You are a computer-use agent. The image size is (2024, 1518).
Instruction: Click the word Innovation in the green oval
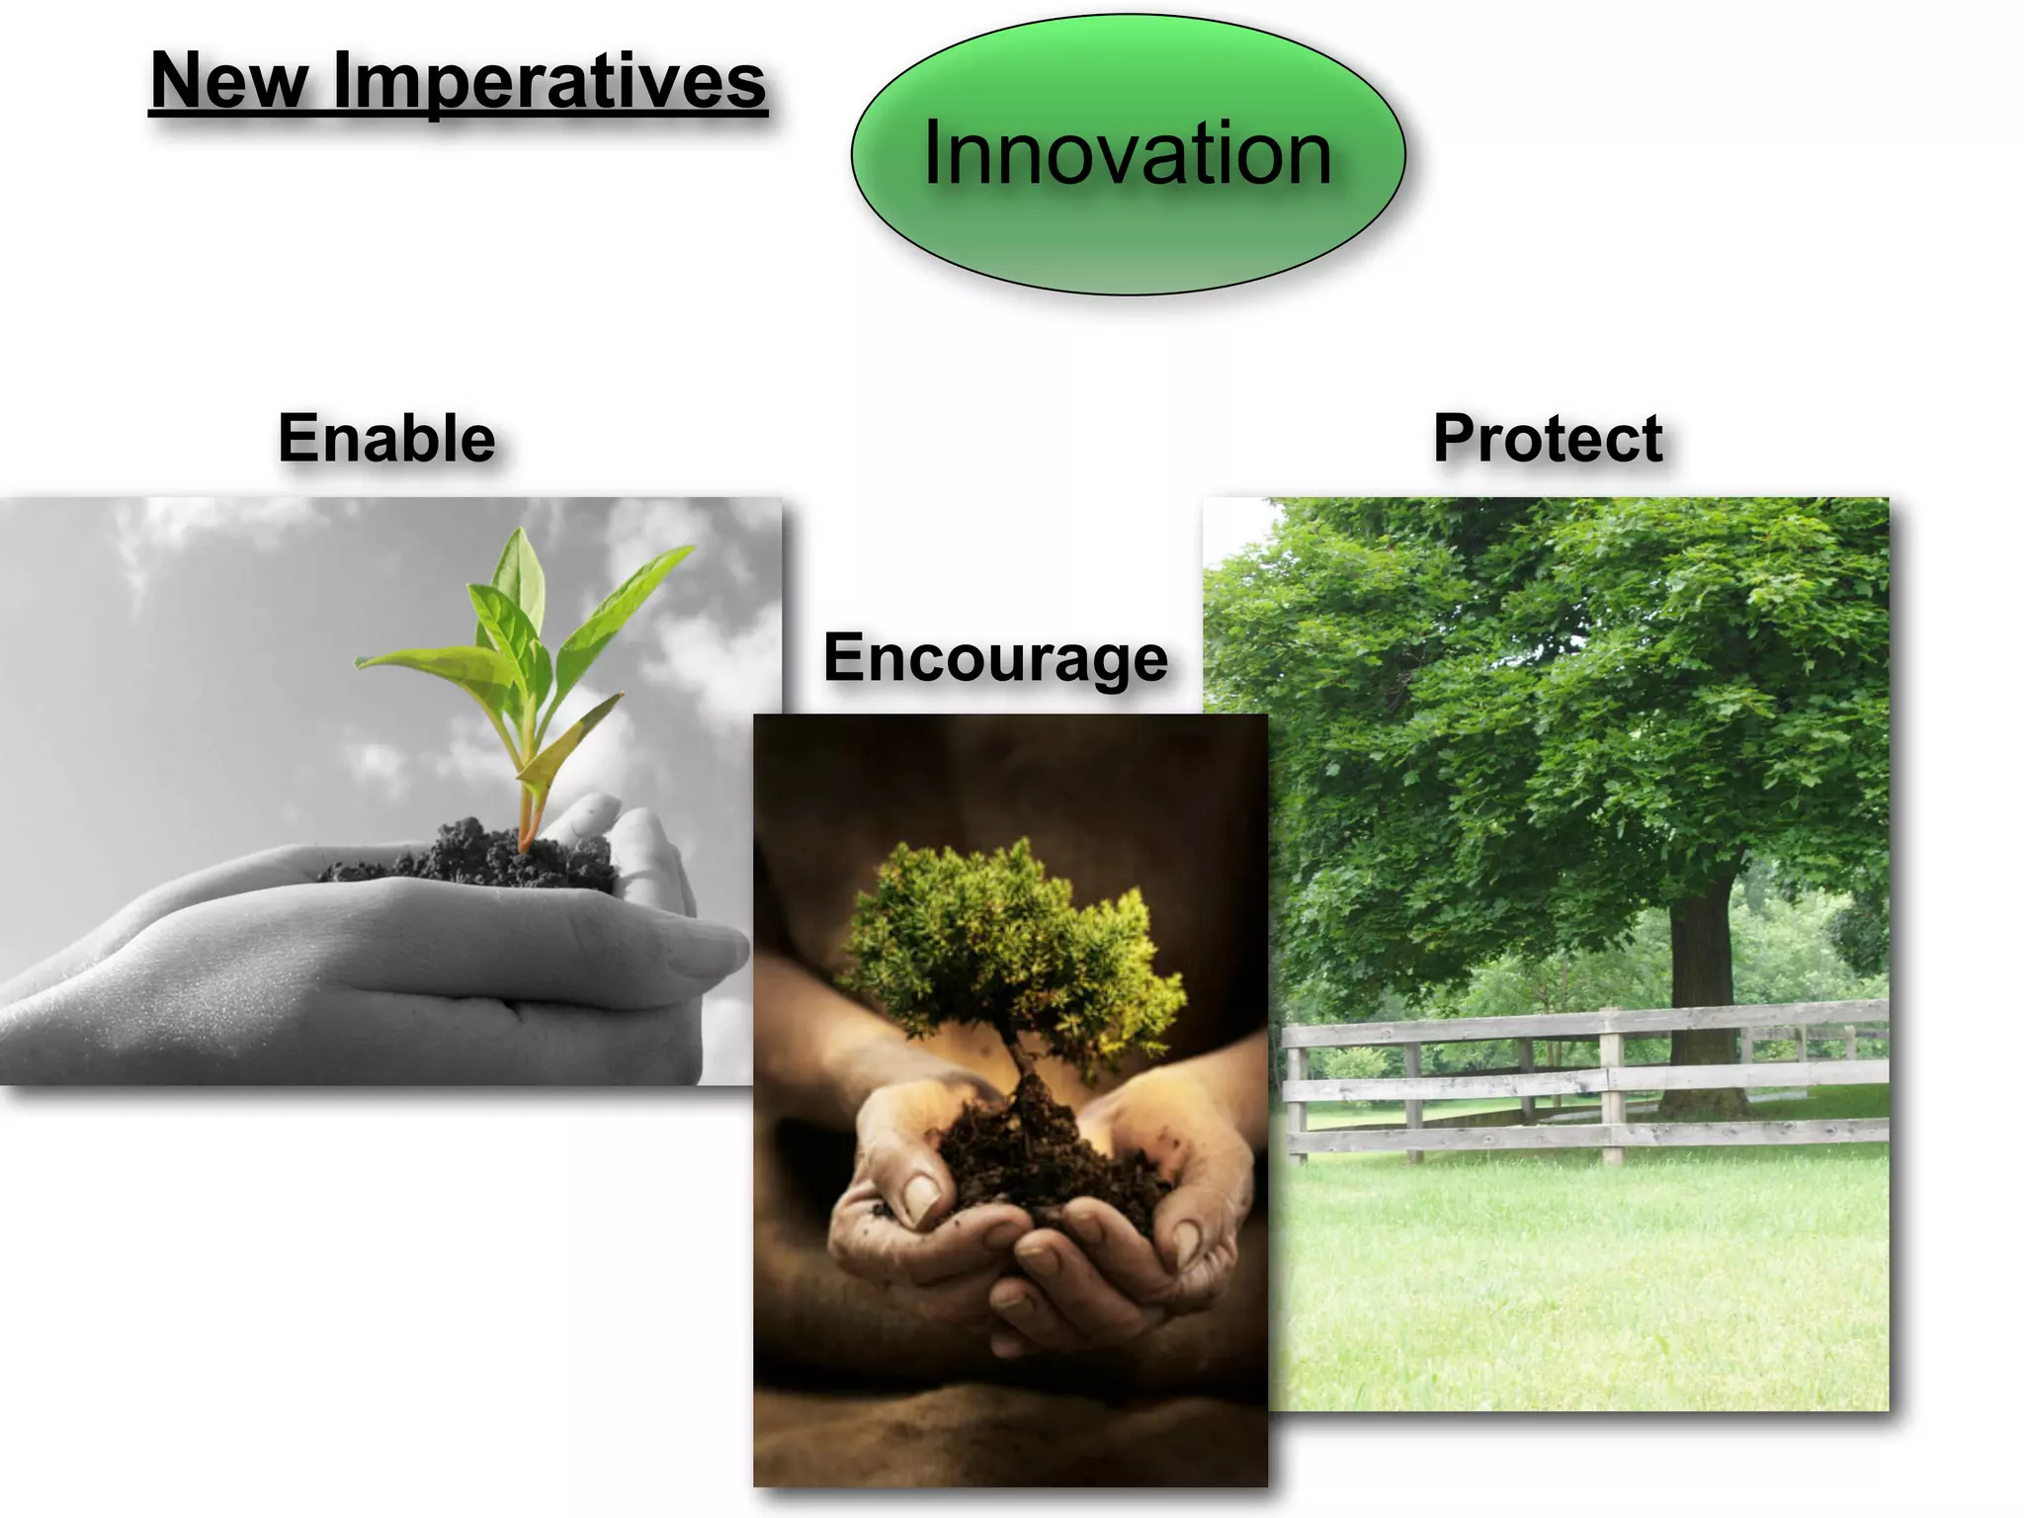coord(1127,154)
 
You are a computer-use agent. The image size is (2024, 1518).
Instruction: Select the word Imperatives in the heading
coord(548,81)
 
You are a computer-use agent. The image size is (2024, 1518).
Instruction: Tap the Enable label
coord(386,438)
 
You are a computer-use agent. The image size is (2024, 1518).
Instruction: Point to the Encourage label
coord(995,657)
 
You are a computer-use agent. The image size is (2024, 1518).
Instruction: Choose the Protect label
coord(1547,438)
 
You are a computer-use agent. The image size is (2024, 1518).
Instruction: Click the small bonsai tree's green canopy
coord(1008,939)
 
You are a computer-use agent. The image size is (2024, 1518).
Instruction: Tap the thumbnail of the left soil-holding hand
coord(921,1198)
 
